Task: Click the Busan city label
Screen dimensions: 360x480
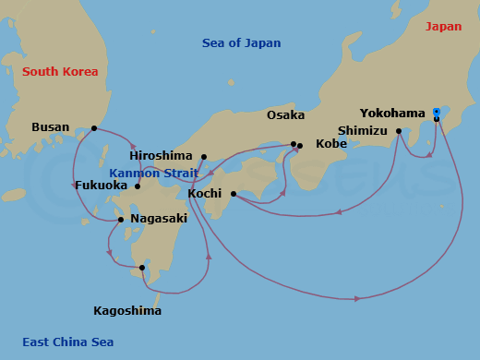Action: (50, 127)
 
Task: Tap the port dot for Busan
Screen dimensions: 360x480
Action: (94, 128)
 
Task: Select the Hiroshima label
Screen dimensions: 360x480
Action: (161, 157)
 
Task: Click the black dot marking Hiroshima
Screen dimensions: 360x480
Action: (204, 157)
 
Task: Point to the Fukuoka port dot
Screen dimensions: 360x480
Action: (138, 186)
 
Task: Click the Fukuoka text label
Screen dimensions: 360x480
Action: (101, 186)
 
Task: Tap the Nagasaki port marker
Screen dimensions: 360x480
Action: (121, 220)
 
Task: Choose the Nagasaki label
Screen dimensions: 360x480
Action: (159, 219)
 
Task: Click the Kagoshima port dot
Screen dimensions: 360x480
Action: (142, 269)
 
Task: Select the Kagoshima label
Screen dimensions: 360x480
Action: (127, 311)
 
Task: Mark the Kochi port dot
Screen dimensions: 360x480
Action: (233, 194)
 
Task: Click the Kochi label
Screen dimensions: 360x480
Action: (204, 194)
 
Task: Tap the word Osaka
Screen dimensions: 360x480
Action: (285, 115)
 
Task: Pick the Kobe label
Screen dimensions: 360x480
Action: (331, 144)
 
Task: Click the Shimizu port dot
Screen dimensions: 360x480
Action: (399, 131)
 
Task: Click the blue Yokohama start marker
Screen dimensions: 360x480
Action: (436, 113)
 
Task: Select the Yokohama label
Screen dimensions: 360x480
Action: (392, 114)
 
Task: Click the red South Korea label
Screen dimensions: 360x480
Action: (60, 72)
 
